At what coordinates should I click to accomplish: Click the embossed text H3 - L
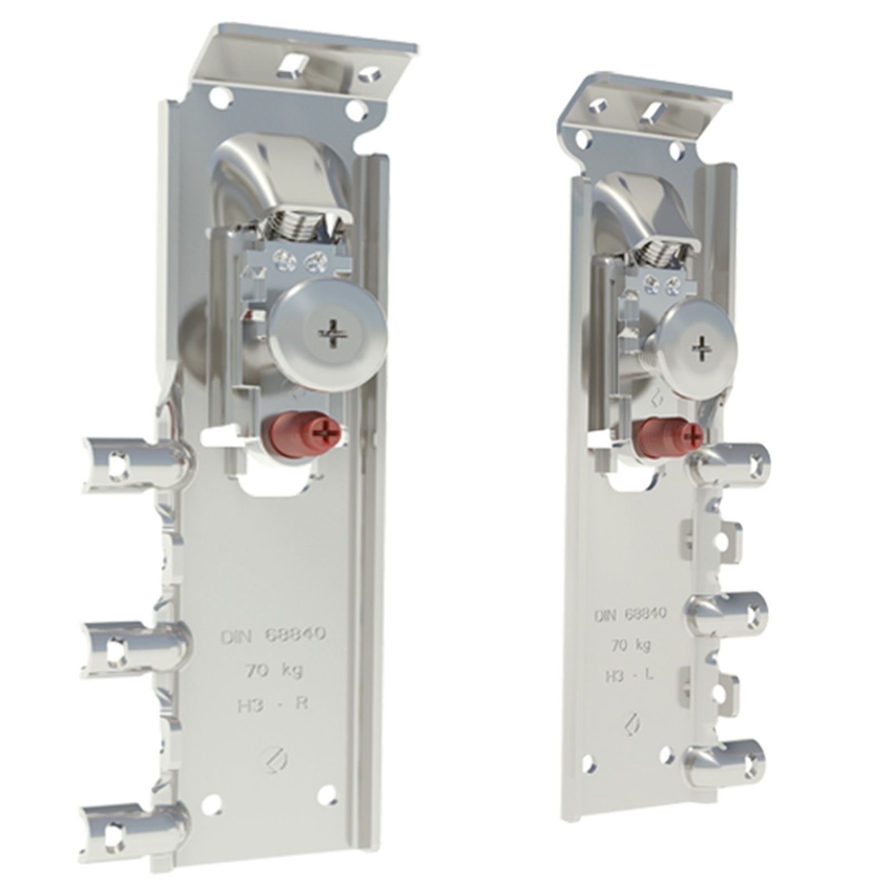(x=629, y=676)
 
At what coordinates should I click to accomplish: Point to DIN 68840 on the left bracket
(x=273, y=636)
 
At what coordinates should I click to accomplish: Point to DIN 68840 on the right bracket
(x=630, y=614)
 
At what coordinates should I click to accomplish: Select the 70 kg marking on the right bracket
(x=631, y=645)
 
